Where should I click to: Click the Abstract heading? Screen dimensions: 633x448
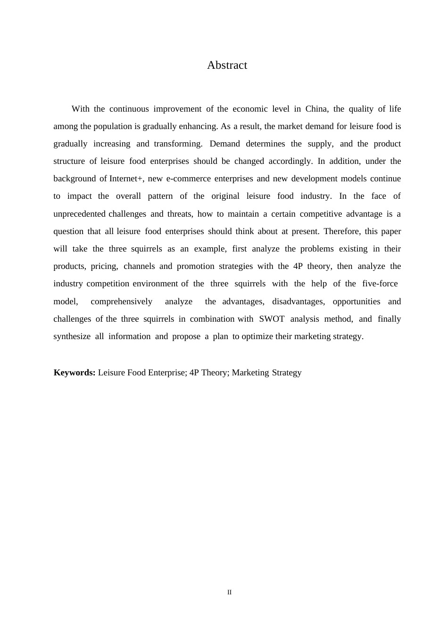pyautogui.click(x=227, y=65)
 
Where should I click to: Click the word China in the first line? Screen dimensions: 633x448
pyautogui.click(x=316, y=109)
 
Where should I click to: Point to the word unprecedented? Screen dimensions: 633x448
pyautogui.click(x=79, y=214)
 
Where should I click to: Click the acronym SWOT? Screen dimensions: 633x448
pyautogui.click(x=272, y=319)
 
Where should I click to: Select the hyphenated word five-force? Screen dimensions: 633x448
pyautogui.click(x=380, y=284)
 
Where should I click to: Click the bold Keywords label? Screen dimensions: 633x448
pyautogui.click(x=75, y=373)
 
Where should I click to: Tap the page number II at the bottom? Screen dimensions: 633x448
pyautogui.click(x=230, y=592)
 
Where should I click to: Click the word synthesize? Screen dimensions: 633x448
pyautogui.click(x=72, y=336)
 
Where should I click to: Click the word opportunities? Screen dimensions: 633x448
pyautogui.click(x=356, y=301)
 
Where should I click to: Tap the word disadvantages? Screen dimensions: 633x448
pyautogui.click(x=298, y=301)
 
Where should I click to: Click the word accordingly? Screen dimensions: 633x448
pyautogui.click(x=290, y=161)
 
